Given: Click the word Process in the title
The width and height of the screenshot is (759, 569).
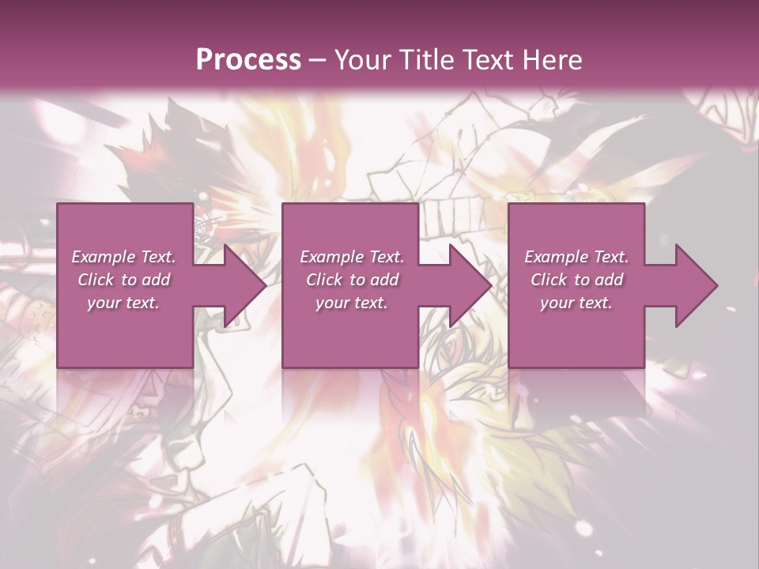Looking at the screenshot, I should [x=248, y=59].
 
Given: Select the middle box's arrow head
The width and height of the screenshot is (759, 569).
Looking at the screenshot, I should [x=469, y=285].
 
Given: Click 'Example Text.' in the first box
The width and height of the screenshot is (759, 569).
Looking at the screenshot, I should [x=124, y=257].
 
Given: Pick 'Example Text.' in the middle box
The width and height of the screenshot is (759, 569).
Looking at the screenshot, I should [x=352, y=257].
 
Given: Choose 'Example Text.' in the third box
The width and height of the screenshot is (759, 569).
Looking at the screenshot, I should [x=576, y=257].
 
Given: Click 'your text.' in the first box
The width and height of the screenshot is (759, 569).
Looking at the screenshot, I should [x=123, y=303].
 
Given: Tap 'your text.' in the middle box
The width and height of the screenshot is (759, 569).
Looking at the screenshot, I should [x=351, y=303].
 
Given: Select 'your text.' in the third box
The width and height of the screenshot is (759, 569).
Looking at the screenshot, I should [x=576, y=303].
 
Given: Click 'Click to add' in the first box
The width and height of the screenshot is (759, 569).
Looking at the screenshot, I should [x=124, y=280].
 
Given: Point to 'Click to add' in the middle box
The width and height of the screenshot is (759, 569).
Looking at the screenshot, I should [x=352, y=280].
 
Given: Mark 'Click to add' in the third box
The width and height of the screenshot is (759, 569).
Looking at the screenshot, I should [x=576, y=280].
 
